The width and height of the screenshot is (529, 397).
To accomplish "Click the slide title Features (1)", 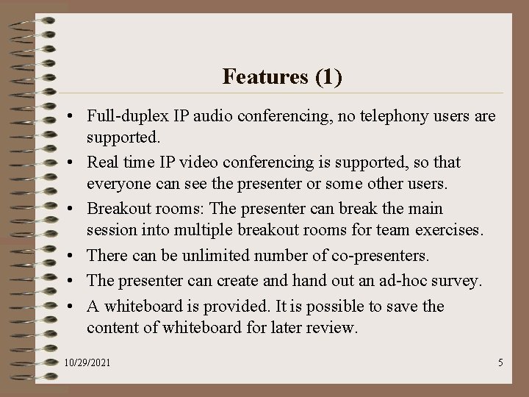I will [282, 76].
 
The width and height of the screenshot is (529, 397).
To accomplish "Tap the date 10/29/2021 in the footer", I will [87, 363].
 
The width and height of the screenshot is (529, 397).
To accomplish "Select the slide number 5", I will [500, 362].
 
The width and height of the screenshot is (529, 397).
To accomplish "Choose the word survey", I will [454, 280].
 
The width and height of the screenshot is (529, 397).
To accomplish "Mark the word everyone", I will [118, 183].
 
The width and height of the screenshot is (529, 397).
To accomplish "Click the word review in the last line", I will [333, 327].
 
